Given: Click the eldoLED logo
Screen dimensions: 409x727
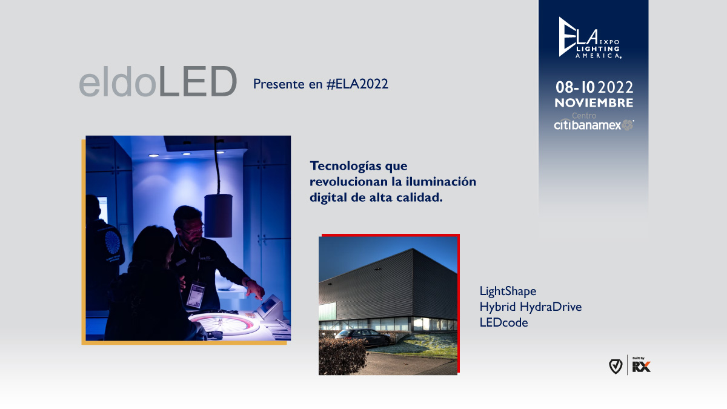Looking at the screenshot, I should pos(158,82).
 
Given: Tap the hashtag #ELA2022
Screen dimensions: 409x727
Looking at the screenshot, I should pos(357,84).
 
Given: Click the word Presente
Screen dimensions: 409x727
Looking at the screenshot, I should pos(279,84).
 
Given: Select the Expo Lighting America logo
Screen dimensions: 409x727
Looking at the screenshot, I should pos(589,39).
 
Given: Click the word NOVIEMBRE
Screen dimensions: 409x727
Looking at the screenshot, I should pos(594,103).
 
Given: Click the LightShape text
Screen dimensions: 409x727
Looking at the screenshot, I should pos(508,291).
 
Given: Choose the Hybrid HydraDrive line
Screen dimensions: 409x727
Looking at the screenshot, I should pos(530,307).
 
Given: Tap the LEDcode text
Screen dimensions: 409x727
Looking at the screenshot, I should pos(503,323).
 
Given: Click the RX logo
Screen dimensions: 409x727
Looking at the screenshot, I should pos(641,366).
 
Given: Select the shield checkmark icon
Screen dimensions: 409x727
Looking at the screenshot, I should pos(616,366).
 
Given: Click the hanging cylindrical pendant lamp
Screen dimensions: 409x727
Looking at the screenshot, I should pos(218,215).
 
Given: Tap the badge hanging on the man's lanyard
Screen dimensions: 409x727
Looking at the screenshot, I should pos(194,295).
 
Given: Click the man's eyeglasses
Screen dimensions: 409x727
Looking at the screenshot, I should pos(193,229).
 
